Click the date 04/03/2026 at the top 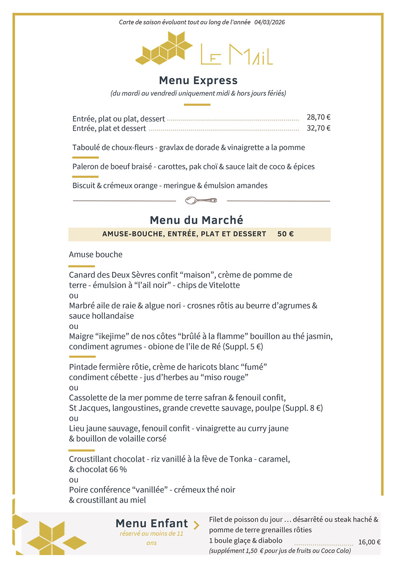[269, 22]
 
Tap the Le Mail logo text [236, 55]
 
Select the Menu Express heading [198, 80]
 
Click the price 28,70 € [318, 117]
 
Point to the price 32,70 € [318, 128]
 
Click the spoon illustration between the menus [201, 200]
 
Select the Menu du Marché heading [196, 220]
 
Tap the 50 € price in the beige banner [285, 234]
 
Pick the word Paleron [85, 167]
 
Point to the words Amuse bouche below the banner [96, 255]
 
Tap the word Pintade [82, 367]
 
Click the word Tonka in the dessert [241, 459]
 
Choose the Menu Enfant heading [152, 523]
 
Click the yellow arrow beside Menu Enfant [196, 525]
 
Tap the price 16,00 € [369, 542]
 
